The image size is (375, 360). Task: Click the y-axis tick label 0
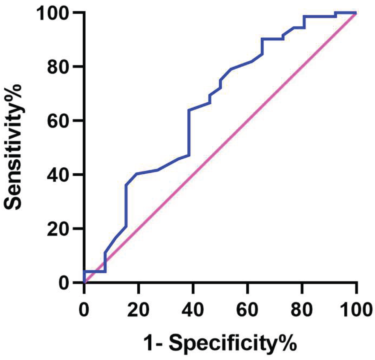click(x=65, y=283)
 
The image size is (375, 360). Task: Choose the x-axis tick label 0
click(x=84, y=310)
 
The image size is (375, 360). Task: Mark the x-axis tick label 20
click(x=138, y=310)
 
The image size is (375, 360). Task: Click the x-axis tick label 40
click(x=193, y=310)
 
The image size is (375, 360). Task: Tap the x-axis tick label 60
click(x=247, y=310)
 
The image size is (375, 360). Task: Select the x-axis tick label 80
click(x=301, y=310)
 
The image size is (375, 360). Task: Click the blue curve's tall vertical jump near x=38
click(x=189, y=133)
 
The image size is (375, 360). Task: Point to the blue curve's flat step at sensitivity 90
click(x=272, y=39)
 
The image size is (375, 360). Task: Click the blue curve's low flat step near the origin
click(x=95, y=272)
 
